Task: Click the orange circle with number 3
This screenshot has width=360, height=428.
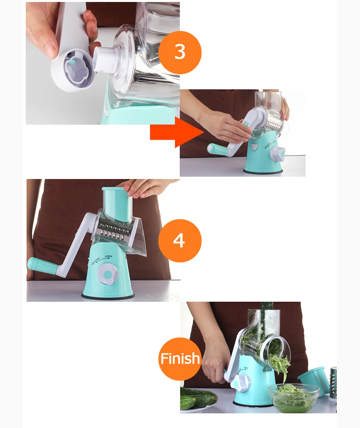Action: coord(180,52)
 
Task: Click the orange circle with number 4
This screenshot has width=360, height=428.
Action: coord(180,241)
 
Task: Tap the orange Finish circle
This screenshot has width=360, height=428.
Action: coord(180,359)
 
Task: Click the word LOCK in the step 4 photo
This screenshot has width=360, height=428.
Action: coord(108,256)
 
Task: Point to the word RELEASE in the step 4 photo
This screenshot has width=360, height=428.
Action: coord(96,261)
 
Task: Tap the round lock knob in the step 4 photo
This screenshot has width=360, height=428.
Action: coord(108,274)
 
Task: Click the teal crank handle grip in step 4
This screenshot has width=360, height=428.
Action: coord(42,266)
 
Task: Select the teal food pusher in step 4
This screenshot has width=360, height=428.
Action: coord(117,203)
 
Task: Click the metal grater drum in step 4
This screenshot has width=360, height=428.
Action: coord(114,230)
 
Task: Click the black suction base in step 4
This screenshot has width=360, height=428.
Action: coord(108,296)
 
